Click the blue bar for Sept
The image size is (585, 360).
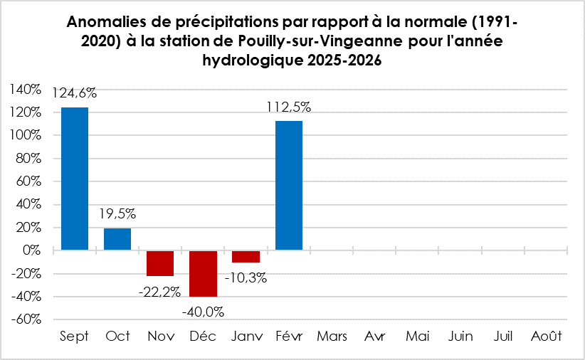pyautogui.click(x=75, y=179)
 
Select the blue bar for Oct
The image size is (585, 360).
pyautogui.click(x=117, y=239)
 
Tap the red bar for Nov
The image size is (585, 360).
pyautogui.click(x=160, y=263)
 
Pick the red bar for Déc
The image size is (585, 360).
pyautogui.click(x=203, y=273)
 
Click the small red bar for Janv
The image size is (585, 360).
pyautogui.click(x=246, y=257)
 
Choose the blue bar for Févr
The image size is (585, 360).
pyautogui.click(x=288, y=186)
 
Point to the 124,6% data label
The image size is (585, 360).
pyautogui.click(x=75, y=92)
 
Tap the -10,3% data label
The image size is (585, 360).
pyautogui.click(x=246, y=277)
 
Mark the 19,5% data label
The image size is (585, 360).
pyautogui.click(x=117, y=213)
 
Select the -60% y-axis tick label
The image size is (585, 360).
pyautogui.click(x=26, y=319)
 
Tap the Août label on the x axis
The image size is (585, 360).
pyautogui.click(x=546, y=337)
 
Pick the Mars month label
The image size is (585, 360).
pyautogui.click(x=332, y=337)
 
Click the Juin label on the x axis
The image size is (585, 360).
pyautogui.click(x=460, y=337)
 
